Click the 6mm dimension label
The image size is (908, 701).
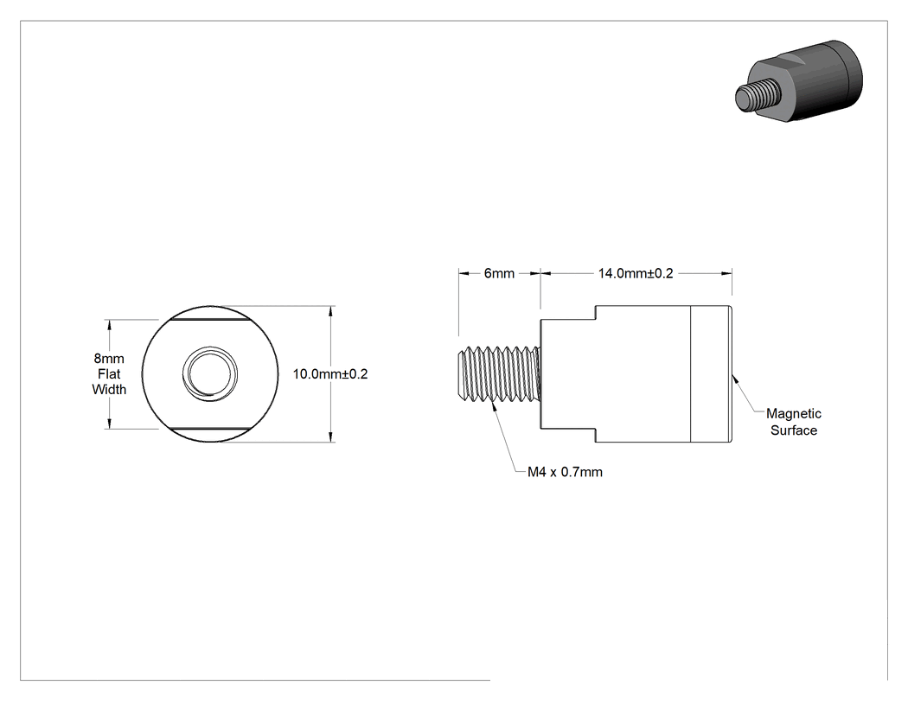[499, 273]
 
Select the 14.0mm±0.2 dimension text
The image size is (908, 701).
[636, 273]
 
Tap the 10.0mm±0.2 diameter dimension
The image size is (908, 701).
[330, 374]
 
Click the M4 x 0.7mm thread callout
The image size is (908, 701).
[565, 472]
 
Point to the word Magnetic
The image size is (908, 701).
[793, 413]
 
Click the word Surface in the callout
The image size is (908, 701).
[793, 430]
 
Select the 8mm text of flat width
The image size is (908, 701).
[109, 359]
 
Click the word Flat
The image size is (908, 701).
[109, 374]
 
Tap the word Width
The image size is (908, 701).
[109, 390]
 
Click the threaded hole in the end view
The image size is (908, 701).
[210, 374]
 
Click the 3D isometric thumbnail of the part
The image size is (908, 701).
[799, 80]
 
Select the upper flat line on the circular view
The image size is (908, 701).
[210, 320]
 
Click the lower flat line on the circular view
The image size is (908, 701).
[210, 429]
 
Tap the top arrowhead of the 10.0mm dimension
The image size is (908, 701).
[330, 311]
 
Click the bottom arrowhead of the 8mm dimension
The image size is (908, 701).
[109, 424]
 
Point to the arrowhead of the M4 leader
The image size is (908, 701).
[494, 408]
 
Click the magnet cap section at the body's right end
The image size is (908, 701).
[711, 374]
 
